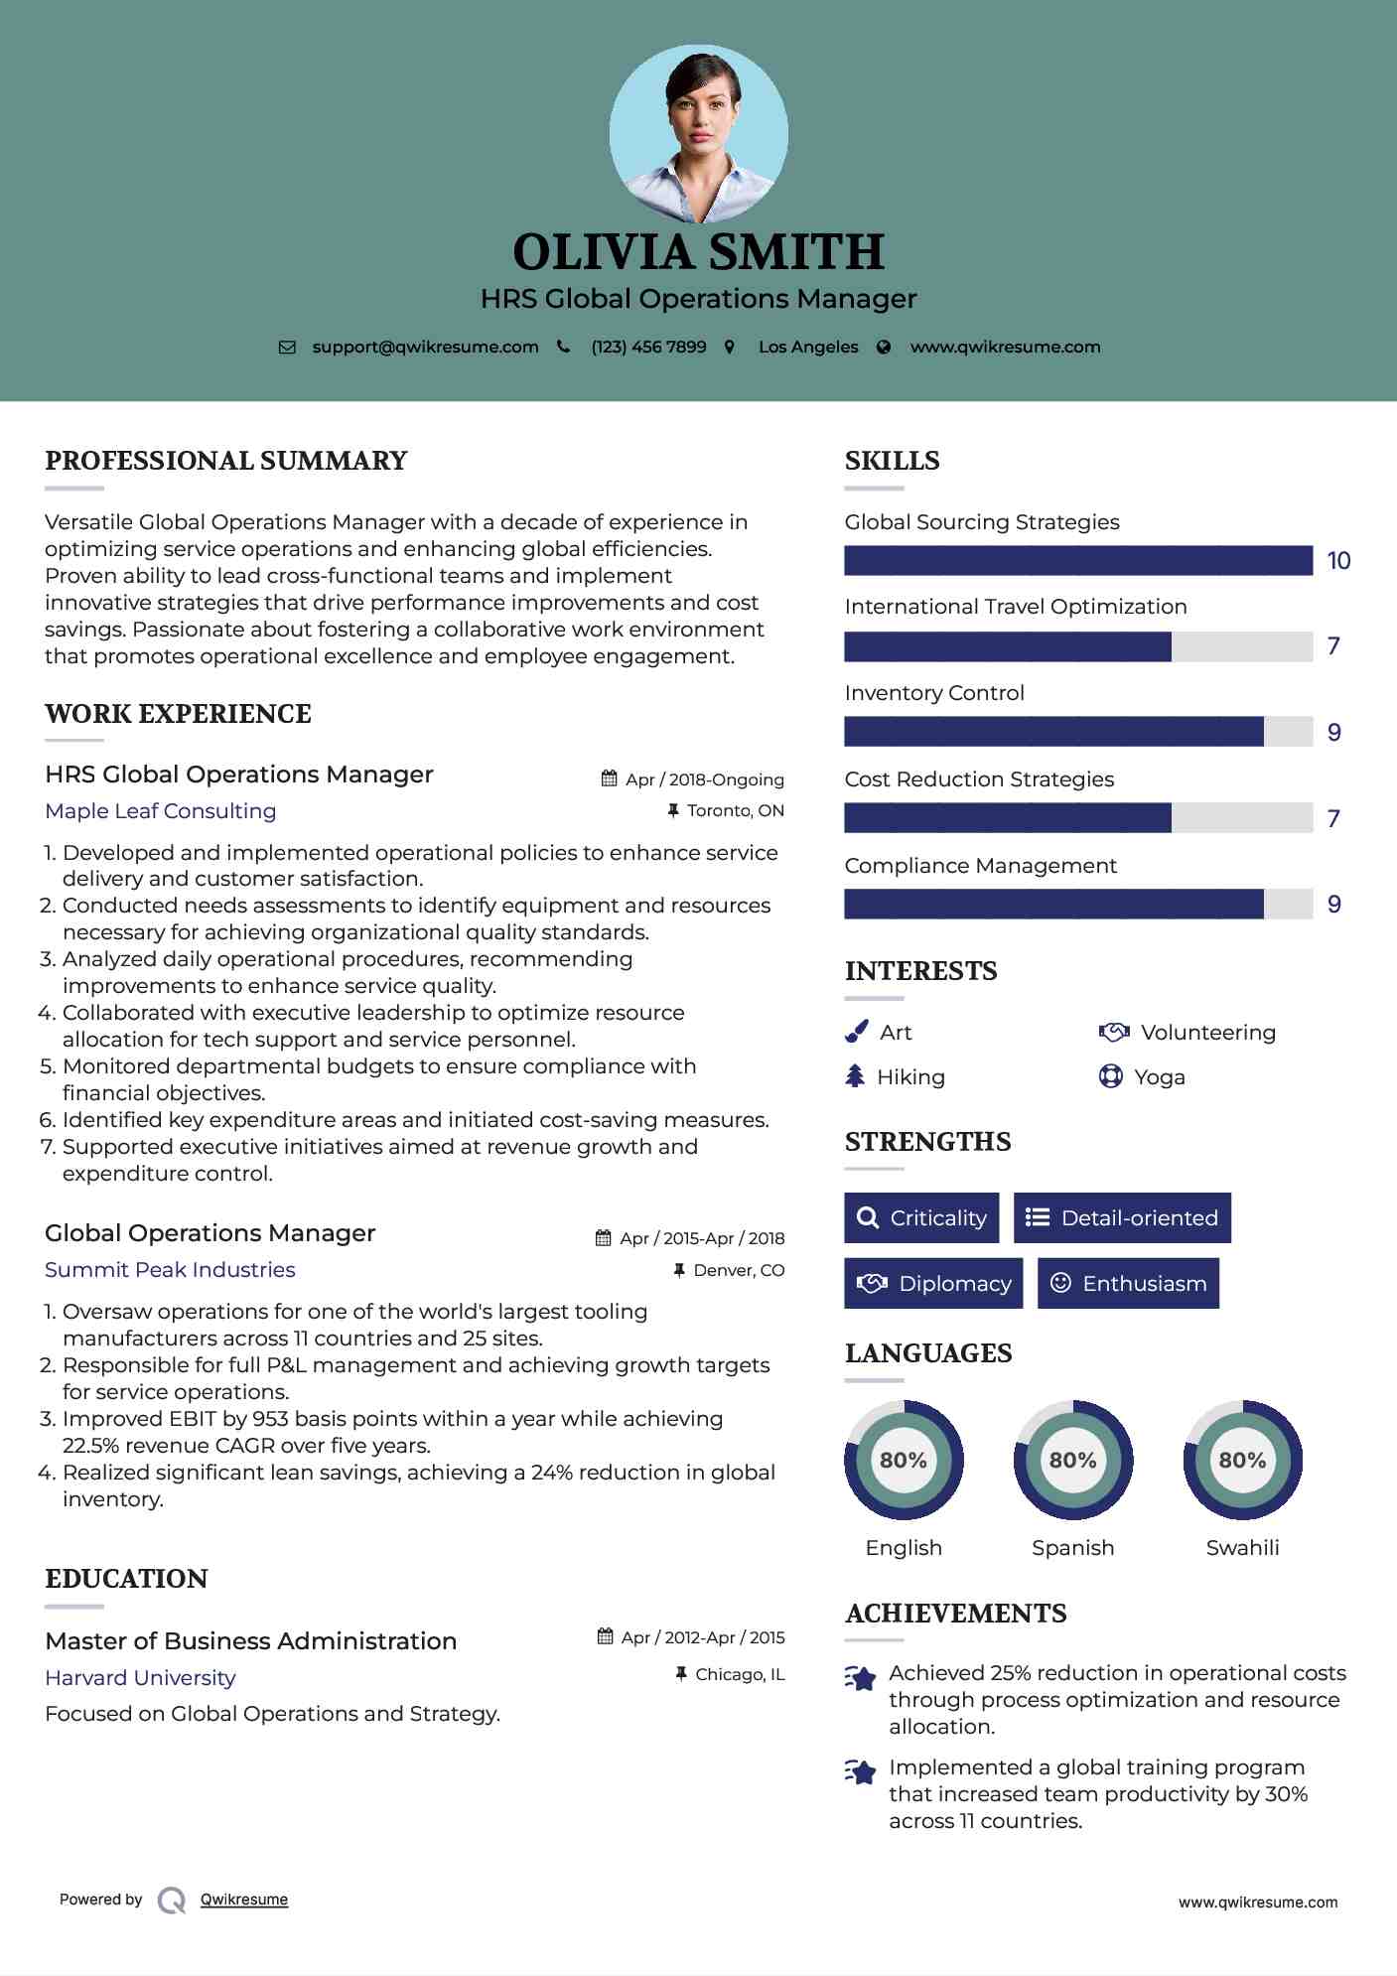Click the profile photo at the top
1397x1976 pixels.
[x=698, y=133]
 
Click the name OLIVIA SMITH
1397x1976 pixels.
[x=698, y=252]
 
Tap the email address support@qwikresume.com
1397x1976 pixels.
[x=425, y=348]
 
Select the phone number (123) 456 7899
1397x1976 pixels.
[x=648, y=348]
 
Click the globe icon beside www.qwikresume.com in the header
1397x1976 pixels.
[x=884, y=348]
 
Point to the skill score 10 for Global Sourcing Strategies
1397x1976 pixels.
[x=1338, y=561]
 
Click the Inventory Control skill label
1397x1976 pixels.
[x=933, y=693]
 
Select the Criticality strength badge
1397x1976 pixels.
[x=921, y=1218]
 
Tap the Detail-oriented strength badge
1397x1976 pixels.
[x=1122, y=1218]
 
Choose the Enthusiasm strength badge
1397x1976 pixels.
[x=1128, y=1284]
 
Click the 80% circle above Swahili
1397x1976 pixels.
[x=1242, y=1461]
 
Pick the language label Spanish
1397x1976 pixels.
[x=1072, y=1548]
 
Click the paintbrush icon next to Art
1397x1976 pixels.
[x=856, y=1033]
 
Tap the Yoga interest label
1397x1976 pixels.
[x=1159, y=1077]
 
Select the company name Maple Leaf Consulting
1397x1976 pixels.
[x=161, y=811]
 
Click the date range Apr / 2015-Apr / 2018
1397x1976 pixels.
[x=701, y=1239]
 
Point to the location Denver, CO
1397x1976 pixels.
[x=738, y=1271]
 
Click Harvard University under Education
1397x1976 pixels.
[x=140, y=1678]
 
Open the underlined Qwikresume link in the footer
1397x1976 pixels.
[x=244, y=1900]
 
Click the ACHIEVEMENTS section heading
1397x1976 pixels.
[x=955, y=1614]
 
